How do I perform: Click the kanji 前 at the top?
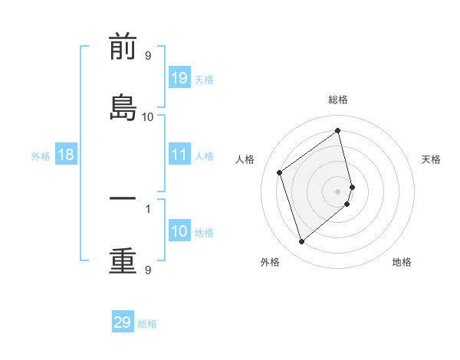123,47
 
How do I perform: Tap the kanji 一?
123,198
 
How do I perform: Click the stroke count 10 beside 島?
148,116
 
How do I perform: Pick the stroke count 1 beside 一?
148,208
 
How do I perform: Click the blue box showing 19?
179,78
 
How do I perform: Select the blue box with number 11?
179,155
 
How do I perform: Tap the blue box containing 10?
179,231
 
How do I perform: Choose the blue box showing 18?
66,155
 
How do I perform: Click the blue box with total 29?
123,322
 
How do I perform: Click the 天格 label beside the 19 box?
204,80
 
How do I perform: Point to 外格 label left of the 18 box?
41,156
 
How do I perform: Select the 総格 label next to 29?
147,324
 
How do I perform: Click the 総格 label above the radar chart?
338,100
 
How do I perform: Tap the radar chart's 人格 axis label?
245,159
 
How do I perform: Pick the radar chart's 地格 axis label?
402,262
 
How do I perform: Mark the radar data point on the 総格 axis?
338,130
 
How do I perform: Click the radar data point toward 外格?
301,242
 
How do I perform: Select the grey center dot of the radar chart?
338,190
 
